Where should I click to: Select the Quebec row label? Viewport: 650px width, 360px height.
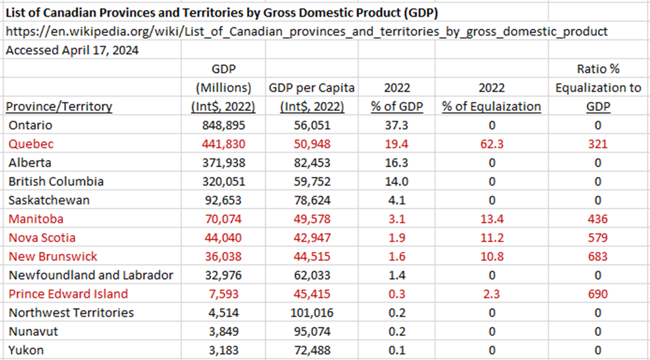click(31, 144)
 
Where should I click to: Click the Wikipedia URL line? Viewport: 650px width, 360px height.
click(306, 31)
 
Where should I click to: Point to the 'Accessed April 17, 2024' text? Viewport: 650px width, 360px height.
click(72, 50)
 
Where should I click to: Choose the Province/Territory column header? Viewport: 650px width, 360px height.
click(59, 107)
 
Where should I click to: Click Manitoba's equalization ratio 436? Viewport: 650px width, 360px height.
click(598, 219)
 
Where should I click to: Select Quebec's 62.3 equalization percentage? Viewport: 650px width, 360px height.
click(491, 144)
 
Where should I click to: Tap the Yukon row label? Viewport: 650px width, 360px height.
click(26, 350)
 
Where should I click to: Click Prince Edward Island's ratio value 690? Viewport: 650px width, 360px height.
click(598, 294)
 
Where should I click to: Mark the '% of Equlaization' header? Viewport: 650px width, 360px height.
click(491, 107)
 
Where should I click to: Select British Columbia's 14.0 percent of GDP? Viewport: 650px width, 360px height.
click(396, 181)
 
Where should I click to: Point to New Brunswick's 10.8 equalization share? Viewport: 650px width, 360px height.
click(491, 256)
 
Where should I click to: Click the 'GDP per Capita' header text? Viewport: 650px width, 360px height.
click(312, 88)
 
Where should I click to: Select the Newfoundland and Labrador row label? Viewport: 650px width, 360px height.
click(91, 275)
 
